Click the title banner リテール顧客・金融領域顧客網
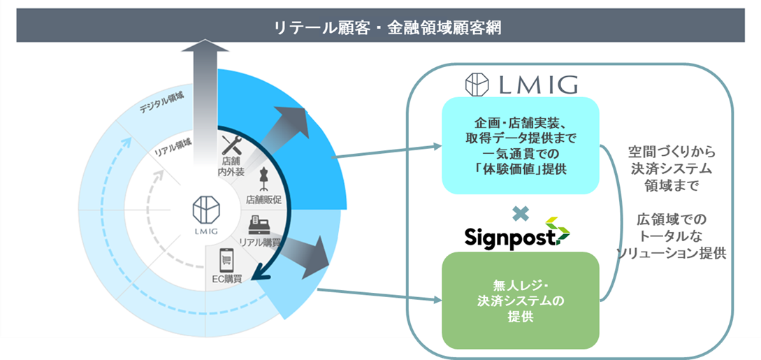coord(380,27)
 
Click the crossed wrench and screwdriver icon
coord(231,145)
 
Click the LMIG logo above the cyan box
coord(521,85)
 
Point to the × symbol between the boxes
coord(520,210)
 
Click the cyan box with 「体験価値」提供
coord(520,145)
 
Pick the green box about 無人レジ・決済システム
coord(520,301)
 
